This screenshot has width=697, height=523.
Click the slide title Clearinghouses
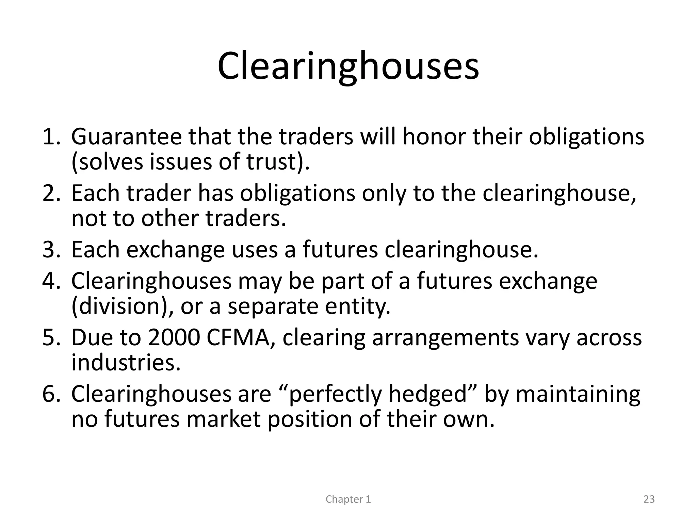348,66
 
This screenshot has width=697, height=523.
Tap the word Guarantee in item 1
126,137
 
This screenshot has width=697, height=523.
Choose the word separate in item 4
273,306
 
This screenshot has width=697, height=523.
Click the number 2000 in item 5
174,338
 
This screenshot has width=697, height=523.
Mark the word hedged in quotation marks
427,394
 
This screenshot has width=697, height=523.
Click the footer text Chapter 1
348,499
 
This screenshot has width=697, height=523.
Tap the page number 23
649,499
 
